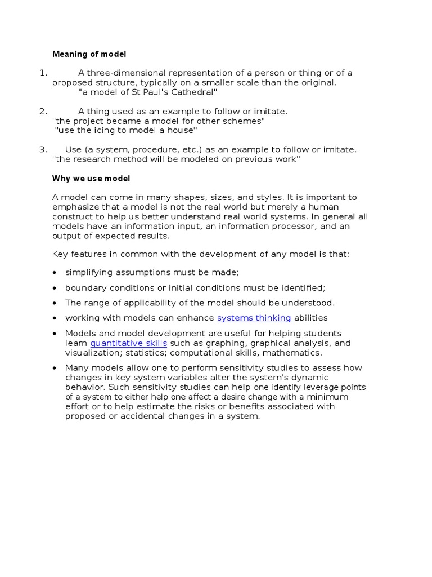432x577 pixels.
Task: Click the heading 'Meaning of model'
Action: (x=89, y=54)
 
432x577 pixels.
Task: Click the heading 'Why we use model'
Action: (x=91, y=179)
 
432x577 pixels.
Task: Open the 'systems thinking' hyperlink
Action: (x=254, y=318)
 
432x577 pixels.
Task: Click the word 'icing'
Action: (x=101, y=130)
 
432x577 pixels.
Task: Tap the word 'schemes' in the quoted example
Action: (x=245, y=121)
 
